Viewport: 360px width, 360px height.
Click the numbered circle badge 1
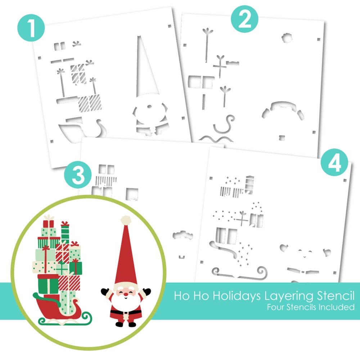31,28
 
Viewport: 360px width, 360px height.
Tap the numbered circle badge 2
245,19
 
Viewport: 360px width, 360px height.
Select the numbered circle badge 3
78,175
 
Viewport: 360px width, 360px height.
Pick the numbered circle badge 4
334,162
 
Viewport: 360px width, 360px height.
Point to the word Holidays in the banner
236,296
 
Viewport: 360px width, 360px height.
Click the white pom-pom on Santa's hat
126,220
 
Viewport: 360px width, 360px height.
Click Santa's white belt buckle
126,312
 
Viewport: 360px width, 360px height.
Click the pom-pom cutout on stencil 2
287,38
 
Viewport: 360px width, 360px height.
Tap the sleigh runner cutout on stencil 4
240,274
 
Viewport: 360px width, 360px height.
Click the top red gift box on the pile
48,224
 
